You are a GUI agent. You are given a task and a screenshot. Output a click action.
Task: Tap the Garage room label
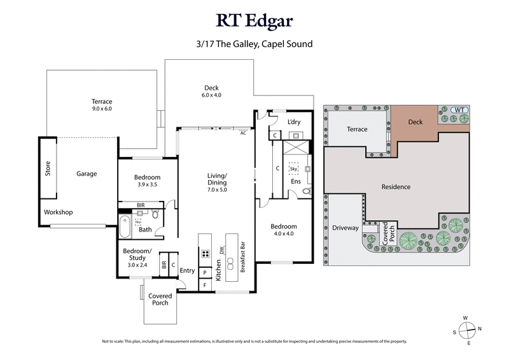point(87,173)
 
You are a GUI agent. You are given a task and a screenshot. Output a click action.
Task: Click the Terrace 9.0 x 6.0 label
point(101,105)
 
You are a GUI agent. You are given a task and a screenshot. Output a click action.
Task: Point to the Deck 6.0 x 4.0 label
point(211,92)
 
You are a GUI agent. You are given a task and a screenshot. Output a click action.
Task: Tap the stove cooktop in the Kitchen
point(206,253)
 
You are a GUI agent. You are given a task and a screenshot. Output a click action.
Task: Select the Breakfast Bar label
point(242,257)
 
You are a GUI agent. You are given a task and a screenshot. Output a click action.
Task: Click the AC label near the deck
point(243,134)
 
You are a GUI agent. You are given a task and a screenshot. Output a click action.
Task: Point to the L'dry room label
point(293,122)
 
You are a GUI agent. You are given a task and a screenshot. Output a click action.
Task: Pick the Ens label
point(296,181)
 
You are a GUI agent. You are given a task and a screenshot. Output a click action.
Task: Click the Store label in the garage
point(48,169)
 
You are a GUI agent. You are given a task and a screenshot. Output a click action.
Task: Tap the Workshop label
point(58,212)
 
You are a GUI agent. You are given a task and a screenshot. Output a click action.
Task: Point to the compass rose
point(468,329)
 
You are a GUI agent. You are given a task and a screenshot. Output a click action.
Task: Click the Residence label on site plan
point(396,187)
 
